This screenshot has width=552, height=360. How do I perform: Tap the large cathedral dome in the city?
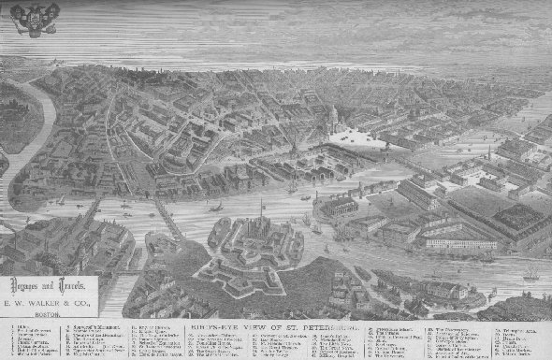click(x=332, y=118)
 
